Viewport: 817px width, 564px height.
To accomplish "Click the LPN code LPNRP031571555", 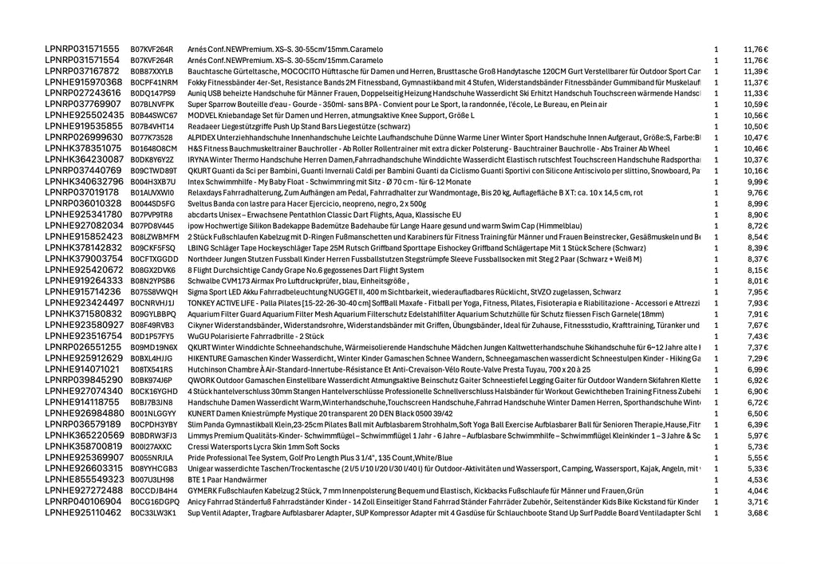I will tap(82, 49).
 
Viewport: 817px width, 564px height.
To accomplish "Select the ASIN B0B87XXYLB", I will tap(152, 72).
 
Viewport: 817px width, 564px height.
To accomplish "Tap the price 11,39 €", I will tap(756, 72).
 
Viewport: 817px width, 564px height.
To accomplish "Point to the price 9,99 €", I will tap(758, 182).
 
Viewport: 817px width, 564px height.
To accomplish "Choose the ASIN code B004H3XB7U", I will tap(152, 182).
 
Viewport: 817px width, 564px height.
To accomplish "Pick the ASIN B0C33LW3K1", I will tap(152, 513).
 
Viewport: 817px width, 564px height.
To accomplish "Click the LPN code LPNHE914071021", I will tap(82, 369).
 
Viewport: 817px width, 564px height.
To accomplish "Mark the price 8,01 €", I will tap(758, 281).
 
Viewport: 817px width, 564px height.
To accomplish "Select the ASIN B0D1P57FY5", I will tap(152, 337).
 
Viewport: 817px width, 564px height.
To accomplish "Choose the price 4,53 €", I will tap(758, 479).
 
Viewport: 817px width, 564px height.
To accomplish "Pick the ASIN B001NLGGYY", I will tap(152, 413).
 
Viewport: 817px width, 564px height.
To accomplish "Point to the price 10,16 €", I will tap(756, 171).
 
